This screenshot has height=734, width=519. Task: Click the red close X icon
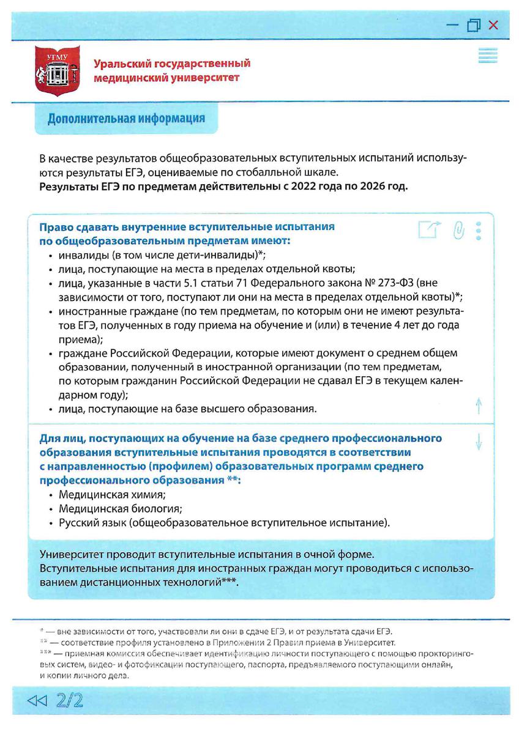[493, 25]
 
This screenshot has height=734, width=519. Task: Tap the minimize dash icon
[452, 26]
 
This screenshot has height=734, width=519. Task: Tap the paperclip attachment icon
[458, 230]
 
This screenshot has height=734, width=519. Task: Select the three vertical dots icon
[479, 230]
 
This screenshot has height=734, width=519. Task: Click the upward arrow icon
[479, 406]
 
